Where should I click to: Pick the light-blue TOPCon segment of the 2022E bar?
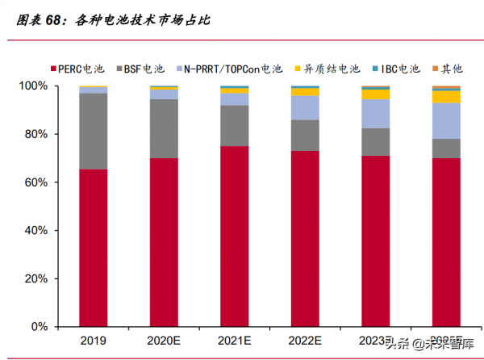pos(304,107)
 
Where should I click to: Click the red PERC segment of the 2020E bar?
pos(164,242)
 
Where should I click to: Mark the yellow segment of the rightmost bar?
pos(445,97)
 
